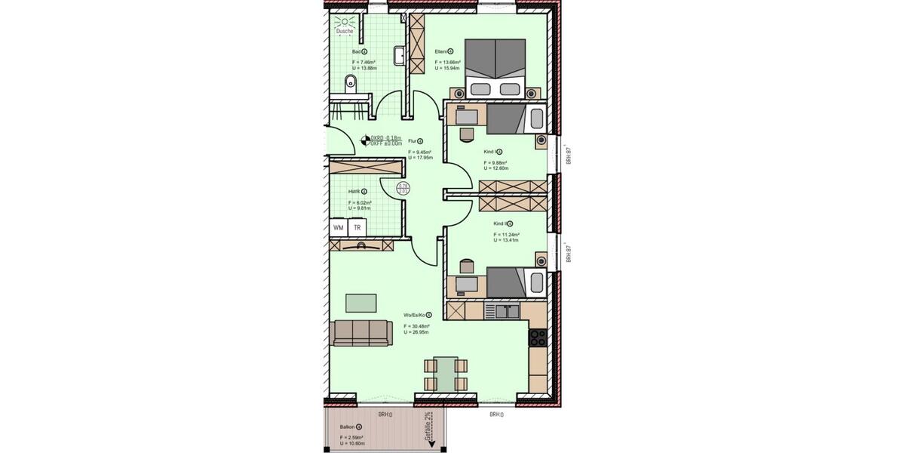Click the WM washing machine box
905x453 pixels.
click(338, 227)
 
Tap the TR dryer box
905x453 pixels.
click(357, 227)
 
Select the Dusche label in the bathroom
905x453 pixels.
click(345, 31)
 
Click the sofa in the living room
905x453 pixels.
click(361, 331)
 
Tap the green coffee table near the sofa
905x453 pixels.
click(362, 303)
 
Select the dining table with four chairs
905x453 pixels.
click(446, 374)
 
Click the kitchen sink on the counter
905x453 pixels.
click(502, 310)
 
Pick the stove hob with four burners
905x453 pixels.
click(538, 337)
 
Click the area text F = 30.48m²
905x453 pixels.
click(416, 325)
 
